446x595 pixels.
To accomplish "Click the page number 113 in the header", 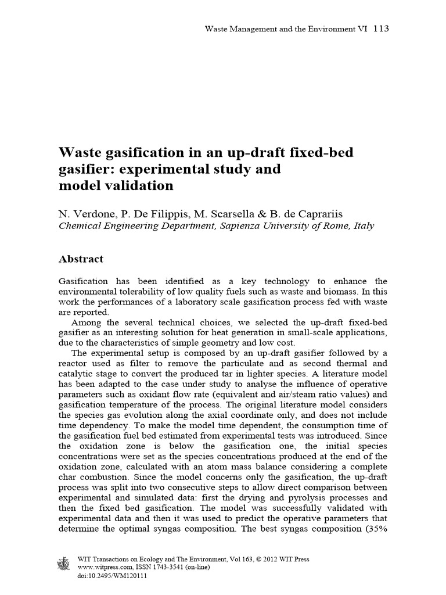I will click(380, 28).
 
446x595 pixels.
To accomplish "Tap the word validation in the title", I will click(137, 186).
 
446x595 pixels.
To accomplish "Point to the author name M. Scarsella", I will click(226, 213).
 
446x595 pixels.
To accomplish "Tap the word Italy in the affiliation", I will click(364, 226).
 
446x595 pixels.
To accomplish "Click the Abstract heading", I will click(81, 259).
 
